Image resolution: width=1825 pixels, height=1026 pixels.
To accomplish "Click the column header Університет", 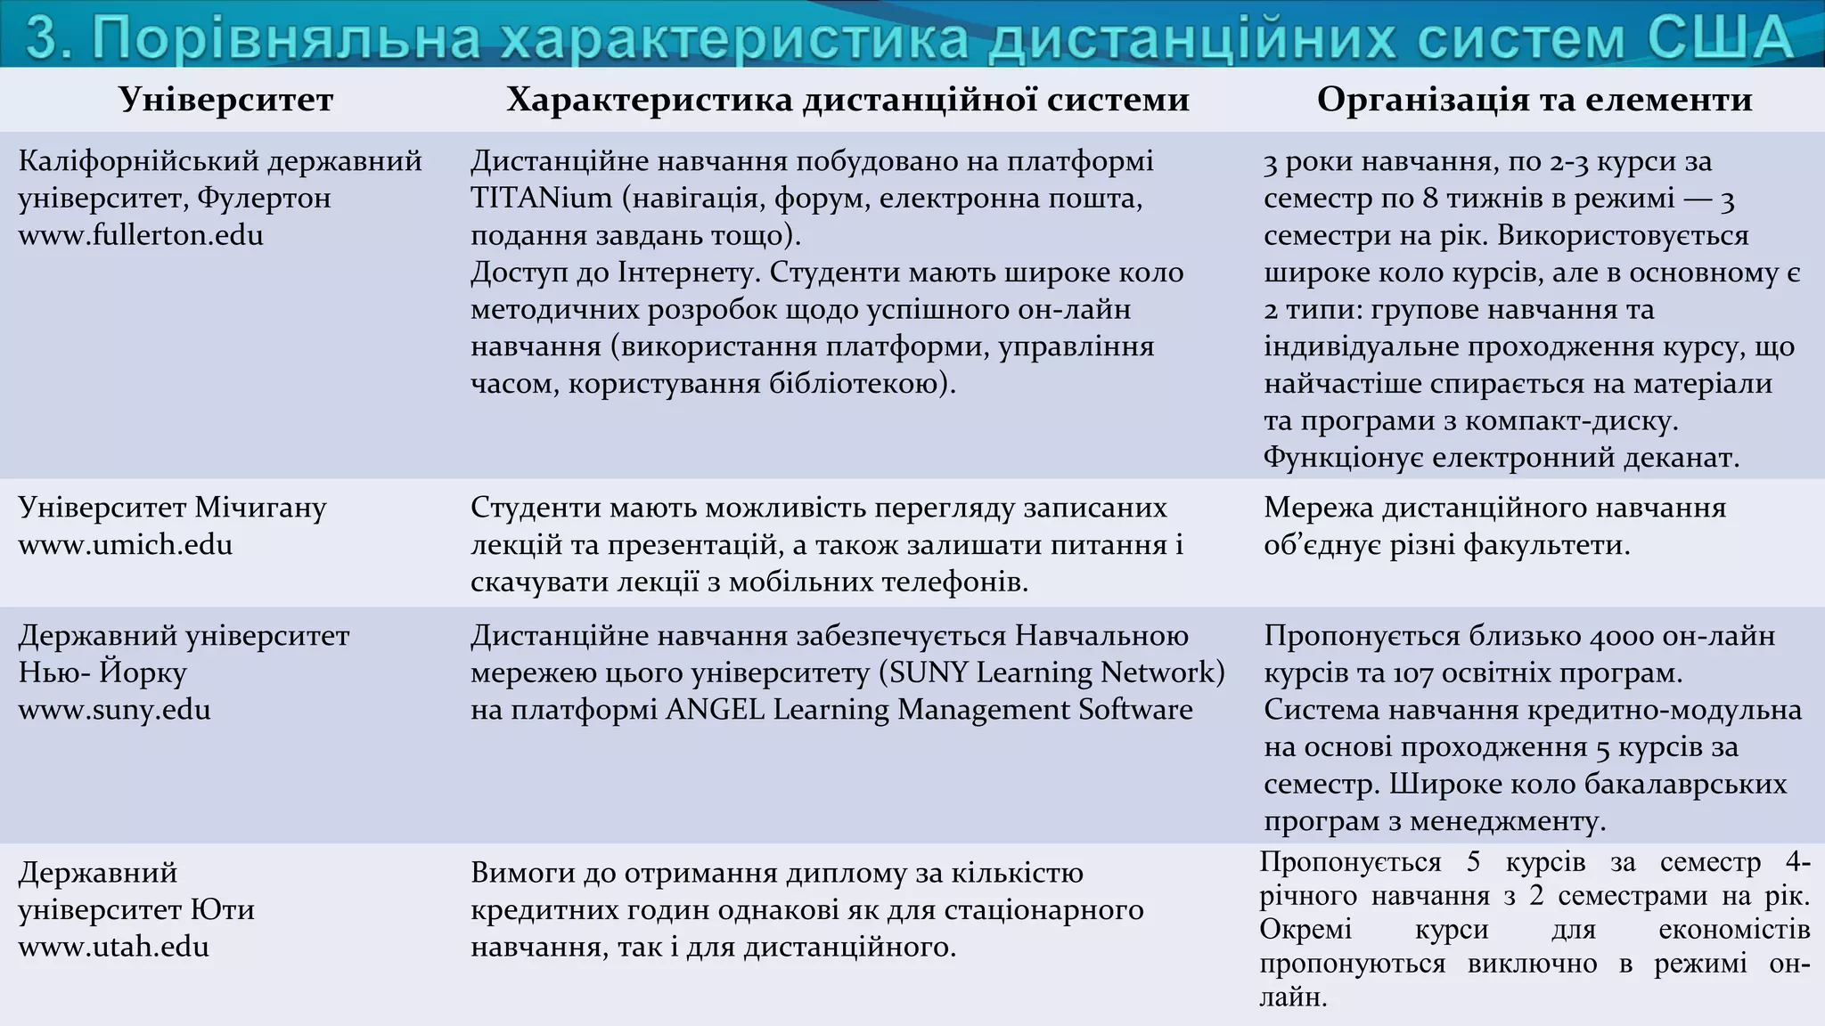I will click(x=226, y=100).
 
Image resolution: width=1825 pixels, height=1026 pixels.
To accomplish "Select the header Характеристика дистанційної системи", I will click(x=847, y=100).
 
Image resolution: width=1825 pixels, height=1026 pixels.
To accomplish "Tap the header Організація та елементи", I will click(x=1534, y=100).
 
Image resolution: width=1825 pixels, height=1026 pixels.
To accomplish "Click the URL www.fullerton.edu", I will click(x=141, y=236).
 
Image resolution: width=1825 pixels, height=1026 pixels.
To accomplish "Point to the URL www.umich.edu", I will click(x=126, y=545).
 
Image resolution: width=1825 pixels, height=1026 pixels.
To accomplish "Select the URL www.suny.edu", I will click(x=115, y=711).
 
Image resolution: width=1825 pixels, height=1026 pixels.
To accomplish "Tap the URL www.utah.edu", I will click(x=114, y=947).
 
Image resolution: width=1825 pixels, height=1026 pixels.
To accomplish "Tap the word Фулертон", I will click(x=264, y=198).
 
